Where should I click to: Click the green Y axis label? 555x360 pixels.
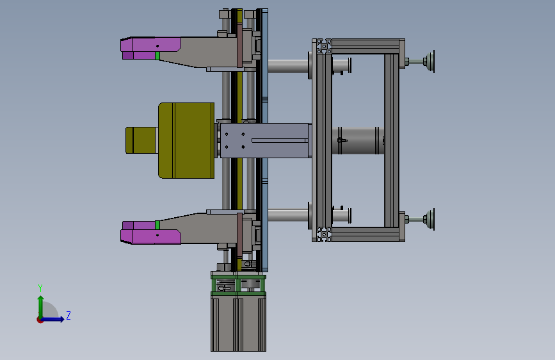40,288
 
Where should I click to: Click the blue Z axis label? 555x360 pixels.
68,315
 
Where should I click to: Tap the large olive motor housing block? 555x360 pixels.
186,140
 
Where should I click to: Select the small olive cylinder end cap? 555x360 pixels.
141,140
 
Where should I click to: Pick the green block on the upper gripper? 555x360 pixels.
157,56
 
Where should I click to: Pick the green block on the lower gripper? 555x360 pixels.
157,225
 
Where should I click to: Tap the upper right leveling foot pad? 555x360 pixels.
430,61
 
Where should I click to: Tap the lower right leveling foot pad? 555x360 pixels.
430,220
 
